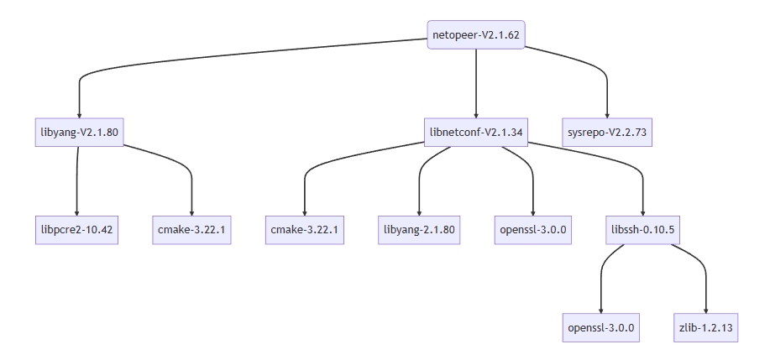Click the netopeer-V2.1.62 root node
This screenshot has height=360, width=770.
[x=476, y=35]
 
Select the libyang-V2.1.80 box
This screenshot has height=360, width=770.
[x=80, y=132]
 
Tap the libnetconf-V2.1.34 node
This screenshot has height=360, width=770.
[x=476, y=132]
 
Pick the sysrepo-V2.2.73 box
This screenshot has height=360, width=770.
[x=606, y=132]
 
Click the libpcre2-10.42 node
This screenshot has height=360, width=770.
[x=76, y=229]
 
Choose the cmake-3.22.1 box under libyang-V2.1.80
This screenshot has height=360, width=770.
[x=191, y=229]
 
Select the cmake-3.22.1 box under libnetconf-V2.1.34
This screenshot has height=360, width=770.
[x=306, y=229]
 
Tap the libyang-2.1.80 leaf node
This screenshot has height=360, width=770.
[x=419, y=229]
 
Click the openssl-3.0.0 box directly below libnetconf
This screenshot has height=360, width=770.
[x=533, y=229]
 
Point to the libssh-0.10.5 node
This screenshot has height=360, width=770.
[x=642, y=229]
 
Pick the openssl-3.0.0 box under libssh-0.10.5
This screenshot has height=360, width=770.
[x=600, y=326]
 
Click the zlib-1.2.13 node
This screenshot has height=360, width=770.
[x=706, y=326]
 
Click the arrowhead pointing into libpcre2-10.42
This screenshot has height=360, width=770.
[x=76, y=211]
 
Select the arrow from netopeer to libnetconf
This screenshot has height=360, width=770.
[x=476, y=84]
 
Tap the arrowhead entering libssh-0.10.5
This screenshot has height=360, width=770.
[x=642, y=211]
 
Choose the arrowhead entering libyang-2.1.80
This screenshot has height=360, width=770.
[x=419, y=211]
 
